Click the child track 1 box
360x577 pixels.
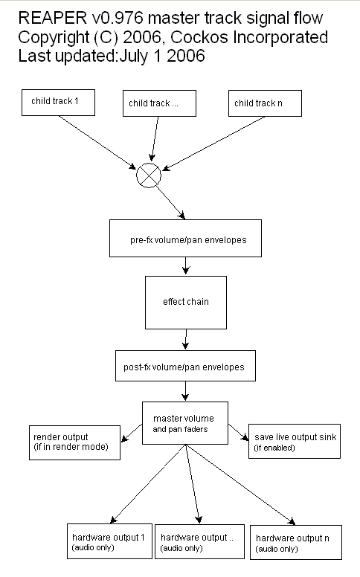[58, 103]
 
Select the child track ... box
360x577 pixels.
[159, 103]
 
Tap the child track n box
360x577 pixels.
[265, 103]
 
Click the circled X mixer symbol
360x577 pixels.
[149, 175]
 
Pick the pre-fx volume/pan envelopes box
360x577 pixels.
[185, 239]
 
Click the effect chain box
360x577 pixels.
[186, 303]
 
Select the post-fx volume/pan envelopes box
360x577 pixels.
[185, 366]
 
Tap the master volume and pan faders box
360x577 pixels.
[185, 423]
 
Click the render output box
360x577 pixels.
[74, 442]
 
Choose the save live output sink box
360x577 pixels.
[295, 441]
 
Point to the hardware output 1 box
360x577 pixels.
[109, 541]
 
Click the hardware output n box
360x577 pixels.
[296, 542]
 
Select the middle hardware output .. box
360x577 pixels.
[199, 541]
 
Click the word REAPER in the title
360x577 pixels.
[53, 18]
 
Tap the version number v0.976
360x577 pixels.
[117, 18]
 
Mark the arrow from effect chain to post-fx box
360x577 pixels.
[186, 340]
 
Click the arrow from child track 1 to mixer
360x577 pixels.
[97, 143]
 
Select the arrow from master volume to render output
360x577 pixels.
[132, 433]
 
